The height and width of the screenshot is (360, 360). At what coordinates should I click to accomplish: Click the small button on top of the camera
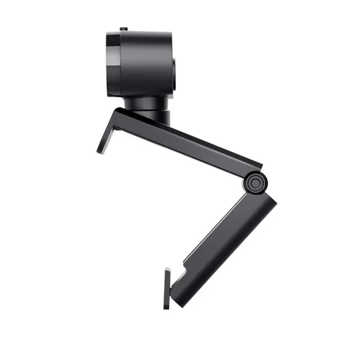pos(122,29)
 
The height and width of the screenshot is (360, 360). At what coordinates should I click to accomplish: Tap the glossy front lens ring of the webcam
pos(111,64)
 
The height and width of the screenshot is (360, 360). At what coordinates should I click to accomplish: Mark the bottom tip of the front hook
pos(100,152)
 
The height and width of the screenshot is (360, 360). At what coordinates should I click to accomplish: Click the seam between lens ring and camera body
pos(118,64)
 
